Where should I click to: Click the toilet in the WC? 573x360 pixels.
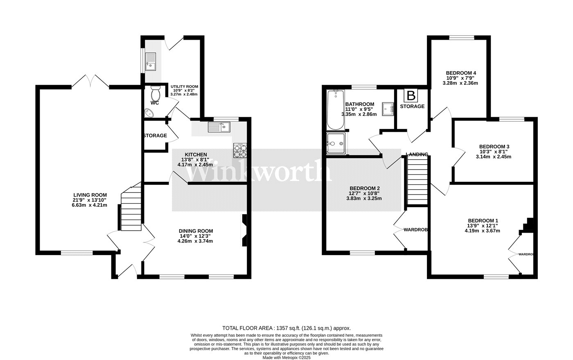(155, 91)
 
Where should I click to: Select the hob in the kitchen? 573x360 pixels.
(240, 151)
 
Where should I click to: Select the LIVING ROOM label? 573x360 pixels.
(90, 195)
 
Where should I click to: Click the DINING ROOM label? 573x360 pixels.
(195, 231)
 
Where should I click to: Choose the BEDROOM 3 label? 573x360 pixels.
(494, 147)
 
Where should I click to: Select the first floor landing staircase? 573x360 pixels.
(417, 180)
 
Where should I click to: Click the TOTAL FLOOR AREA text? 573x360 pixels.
(286, 328)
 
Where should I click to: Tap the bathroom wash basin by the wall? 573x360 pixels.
(387, 109)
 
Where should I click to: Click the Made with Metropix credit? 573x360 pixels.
(286, 357)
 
